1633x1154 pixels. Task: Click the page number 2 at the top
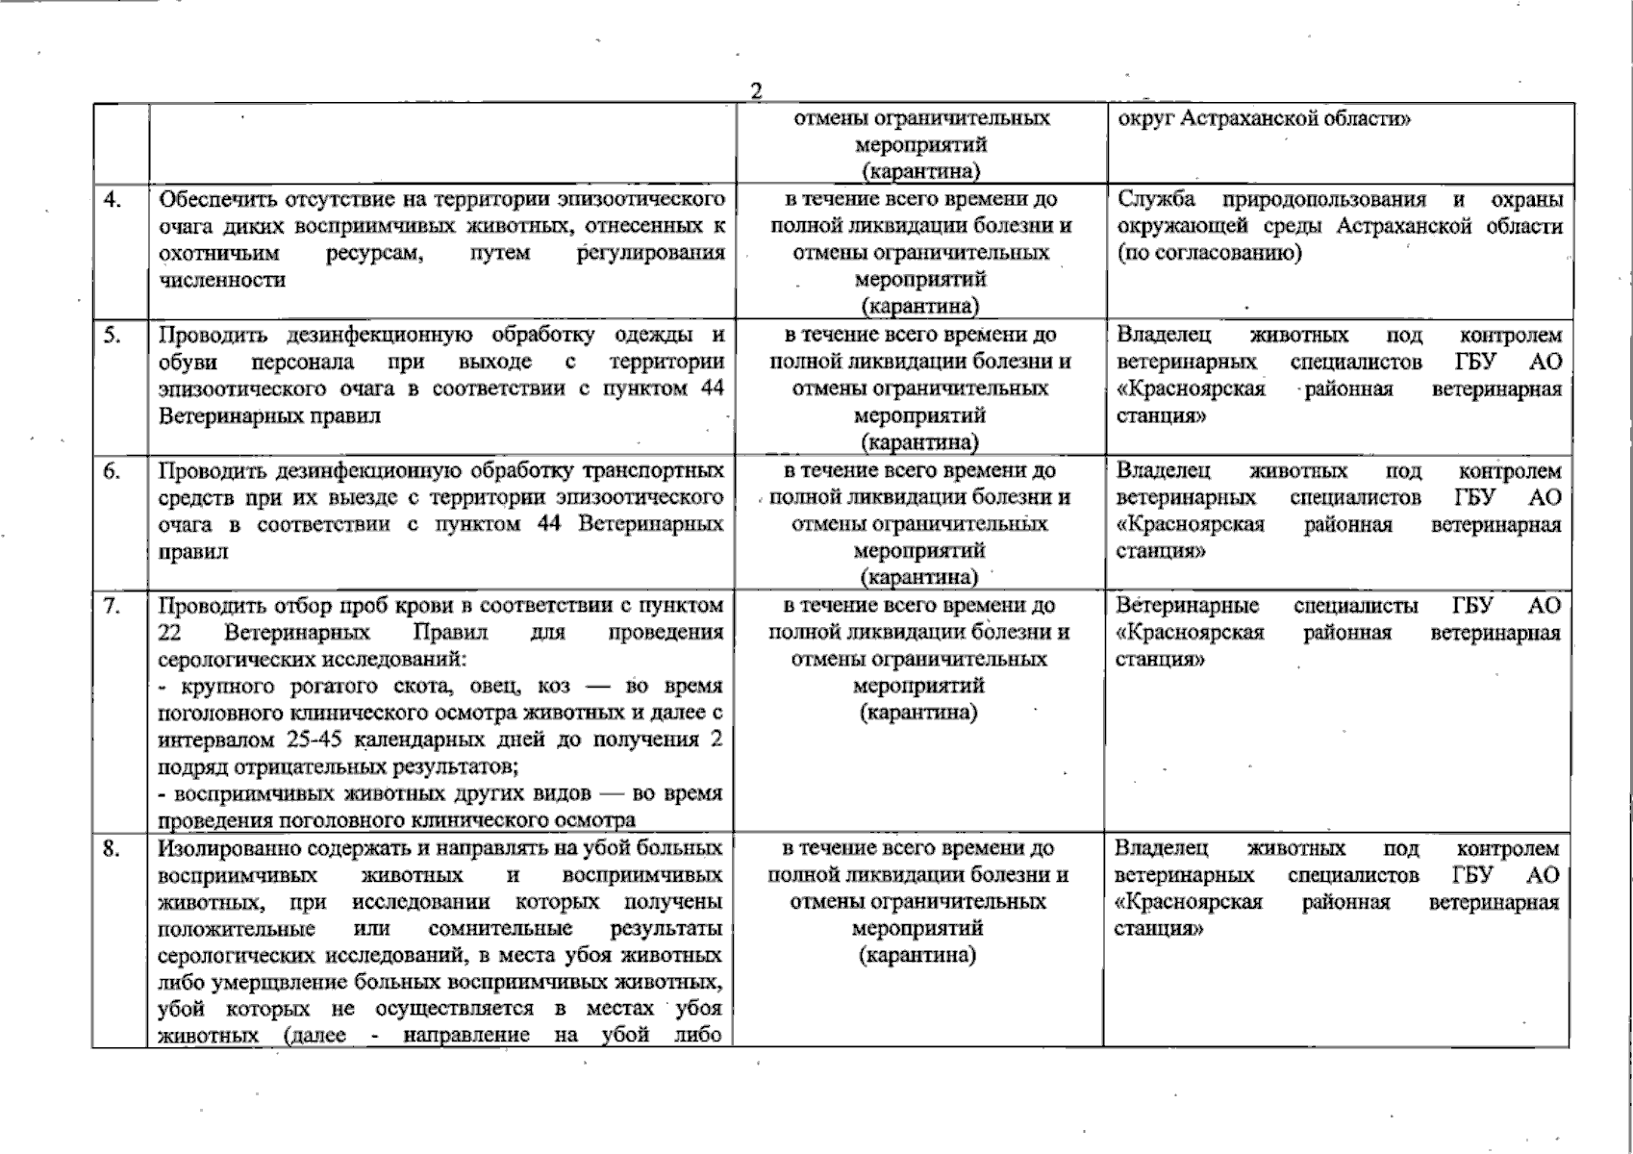pyautogui.click(x=755, y=91)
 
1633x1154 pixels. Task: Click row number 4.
pyautogui.click(x=113, y=199)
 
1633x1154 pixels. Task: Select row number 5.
pyautogui.click(x=113, y=335)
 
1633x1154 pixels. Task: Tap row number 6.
pyautogui.click(x=113, y=471)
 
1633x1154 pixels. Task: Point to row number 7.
pyautogui.click(x=113, y=606)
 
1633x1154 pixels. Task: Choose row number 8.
pyautogui.click(x=113, y=849)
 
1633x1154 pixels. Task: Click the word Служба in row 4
pyautogui.click(x=1157, y=199)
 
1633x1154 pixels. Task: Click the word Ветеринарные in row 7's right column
pyautogui.click(x=1188, y=606)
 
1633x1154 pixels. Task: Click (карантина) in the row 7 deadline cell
pyautogui.click(x=918, y=713)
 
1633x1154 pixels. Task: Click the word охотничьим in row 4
pyautogui.click(x=219, y=253)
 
